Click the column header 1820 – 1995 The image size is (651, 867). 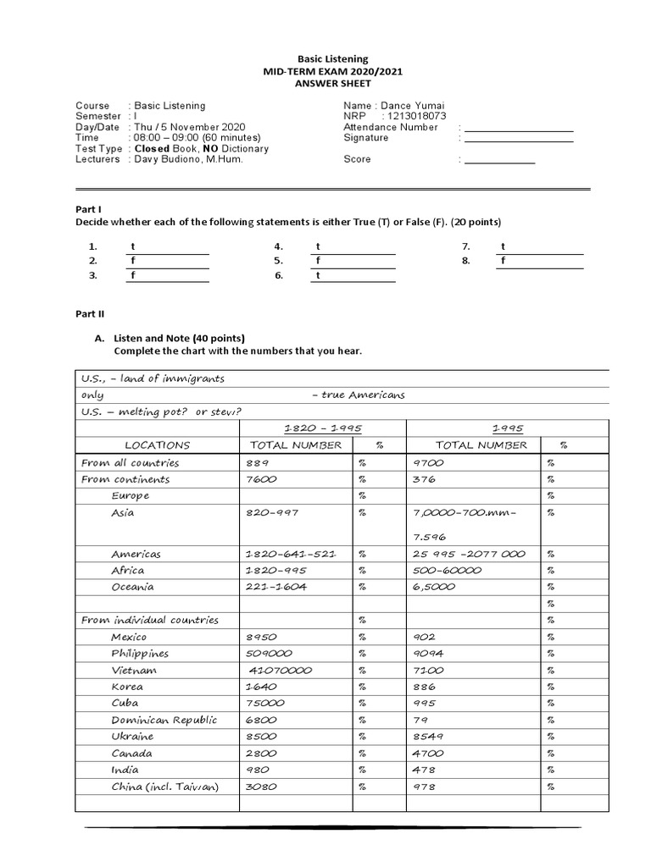323,428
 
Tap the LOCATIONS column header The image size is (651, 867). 158,445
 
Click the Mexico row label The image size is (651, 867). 129,637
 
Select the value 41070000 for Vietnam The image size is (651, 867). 281,670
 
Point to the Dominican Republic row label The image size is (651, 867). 164,720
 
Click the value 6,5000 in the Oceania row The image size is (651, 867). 435,587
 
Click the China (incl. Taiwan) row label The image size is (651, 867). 164,787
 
